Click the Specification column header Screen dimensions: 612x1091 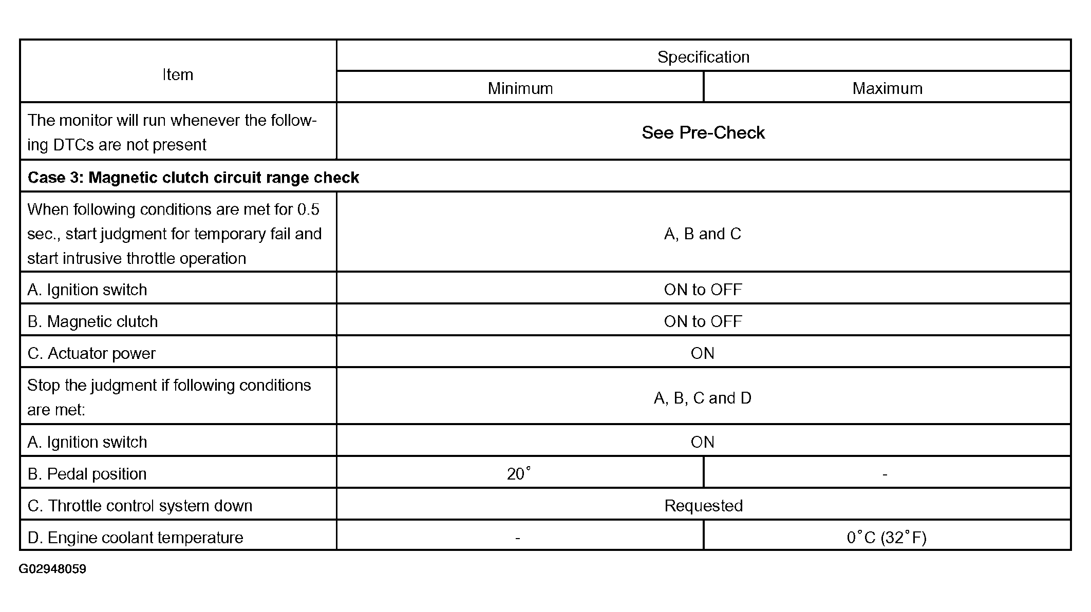click(x=703, y=57)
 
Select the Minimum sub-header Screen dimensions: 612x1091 click(x=520, y=88)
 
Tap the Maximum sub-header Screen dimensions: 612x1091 click(x=887, y=88)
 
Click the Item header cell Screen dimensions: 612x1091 click(x=178, y=74)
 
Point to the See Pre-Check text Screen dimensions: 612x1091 click(x=703, y=132)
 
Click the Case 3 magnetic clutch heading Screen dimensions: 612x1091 click(x=193, y=178)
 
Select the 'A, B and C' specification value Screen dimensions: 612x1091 click(x=702, y=234)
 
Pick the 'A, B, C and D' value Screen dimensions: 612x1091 click(x=702, y=398)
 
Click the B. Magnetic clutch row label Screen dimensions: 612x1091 click(x=92, y=321)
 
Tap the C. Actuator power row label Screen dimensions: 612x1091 click(x=91, y=353)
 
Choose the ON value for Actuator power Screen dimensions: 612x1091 click(x=702, y=353)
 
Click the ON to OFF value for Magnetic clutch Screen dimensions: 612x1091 click(x=703, y=321)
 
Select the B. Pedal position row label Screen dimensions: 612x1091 click(x=87, y=474)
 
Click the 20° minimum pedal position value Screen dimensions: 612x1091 click(x=518, y=473)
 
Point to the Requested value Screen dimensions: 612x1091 click(x=703, y=506)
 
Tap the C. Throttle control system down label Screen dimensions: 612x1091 click(x=140, y=506)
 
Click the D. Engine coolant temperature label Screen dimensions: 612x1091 click(x=135, y=538)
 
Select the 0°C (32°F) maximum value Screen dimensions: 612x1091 click(x=887, y=538)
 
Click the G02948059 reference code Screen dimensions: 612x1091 click(x=52, y=569)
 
